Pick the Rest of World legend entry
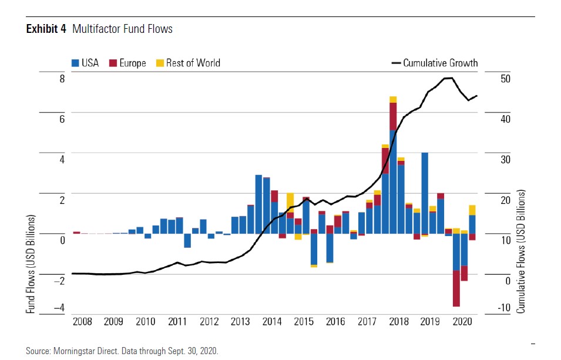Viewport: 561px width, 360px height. point(187,63)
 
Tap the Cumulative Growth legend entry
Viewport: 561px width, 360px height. point(435,63)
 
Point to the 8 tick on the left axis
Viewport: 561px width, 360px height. point(62,78)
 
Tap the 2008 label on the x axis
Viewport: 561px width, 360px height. point(82,322)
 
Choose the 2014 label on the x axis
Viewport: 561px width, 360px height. point(272,322)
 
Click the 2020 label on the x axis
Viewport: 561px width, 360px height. point(462,322)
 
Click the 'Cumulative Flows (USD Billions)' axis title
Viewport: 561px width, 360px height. point(520,251)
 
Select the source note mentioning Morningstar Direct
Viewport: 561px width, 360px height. point(122,351)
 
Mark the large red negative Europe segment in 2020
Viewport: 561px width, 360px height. point(456,288)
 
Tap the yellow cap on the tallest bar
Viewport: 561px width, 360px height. point(393,99)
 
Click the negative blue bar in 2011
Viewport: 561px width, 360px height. point(187,240)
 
